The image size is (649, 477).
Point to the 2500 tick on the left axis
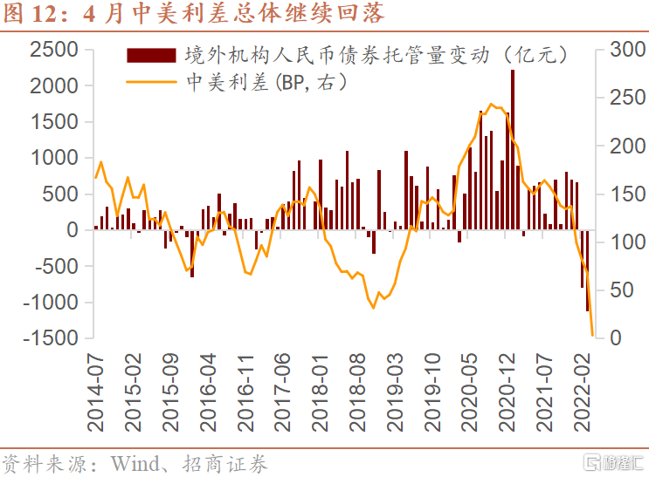pyautogui.click(x=55, y=50)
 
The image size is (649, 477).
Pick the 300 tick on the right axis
pyautogui.click(x=618, y=50)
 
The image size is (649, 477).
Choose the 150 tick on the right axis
pyautogui.click(x=618, y=194)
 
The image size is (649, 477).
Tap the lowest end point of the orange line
pyautogui.click(x=593, y=334)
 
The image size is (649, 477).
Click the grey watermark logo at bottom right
pyautogui.click(x=611, y=460)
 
